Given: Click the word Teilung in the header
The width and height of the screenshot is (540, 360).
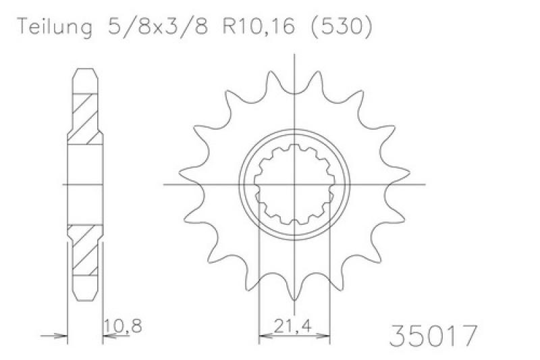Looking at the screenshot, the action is click(55, 26).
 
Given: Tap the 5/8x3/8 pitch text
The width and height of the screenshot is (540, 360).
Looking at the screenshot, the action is click(158, 26).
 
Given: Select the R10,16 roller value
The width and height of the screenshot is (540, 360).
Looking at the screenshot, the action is click(259, 26).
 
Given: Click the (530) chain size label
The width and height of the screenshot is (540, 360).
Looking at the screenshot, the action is click(342, 26).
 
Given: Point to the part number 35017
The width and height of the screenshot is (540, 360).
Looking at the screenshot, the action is click(433, 336).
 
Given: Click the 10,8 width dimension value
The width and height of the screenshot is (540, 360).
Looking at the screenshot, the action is click(123, 326).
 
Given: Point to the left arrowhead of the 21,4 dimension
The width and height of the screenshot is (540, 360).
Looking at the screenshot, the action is click(265, 335).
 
